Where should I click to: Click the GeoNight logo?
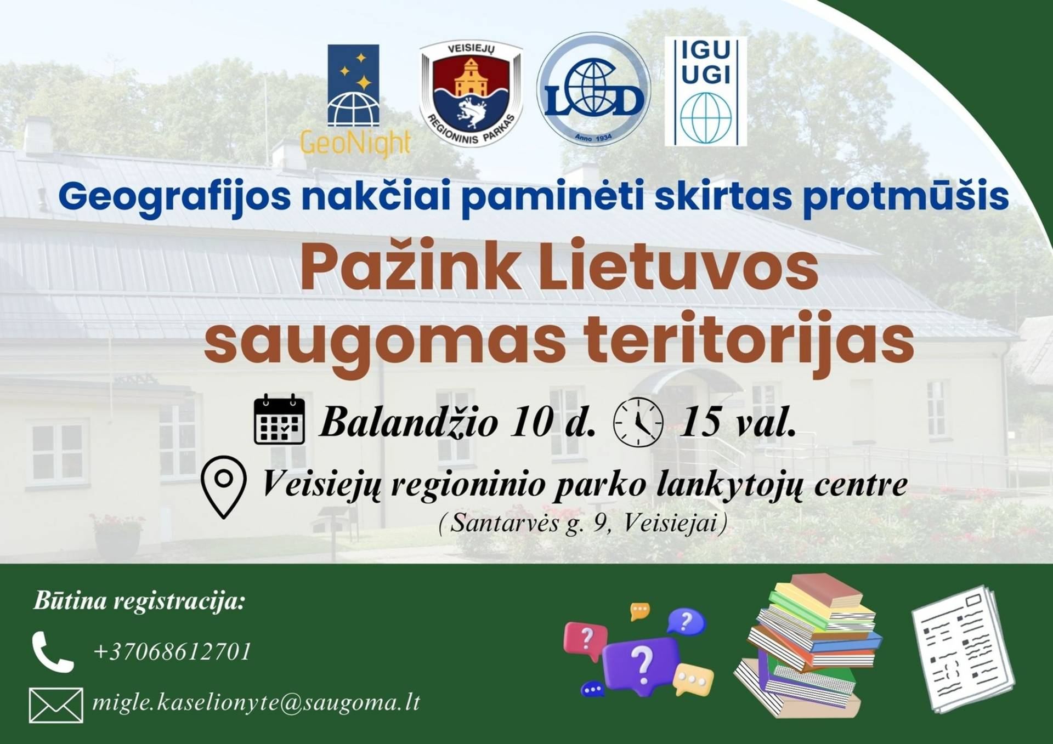pyautogui.click(x=355, y=100)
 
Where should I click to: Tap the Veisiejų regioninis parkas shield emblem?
pyautogui.click(x=471, y=93)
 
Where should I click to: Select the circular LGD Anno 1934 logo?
pyautogui.click(x=593, y=89)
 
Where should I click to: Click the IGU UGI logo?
pyautogui.click(x=706, y=91)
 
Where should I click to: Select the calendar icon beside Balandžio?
pyautogui.click(x=279, y=419)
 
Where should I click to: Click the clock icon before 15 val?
pyautogui.click(x=638, y=422)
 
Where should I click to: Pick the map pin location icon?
pyautogui.click(x=223, y=487)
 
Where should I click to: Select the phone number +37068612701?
pyautogui.click(x=172, y=651)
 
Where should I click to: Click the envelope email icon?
pyautogui.click(x=56, y=706)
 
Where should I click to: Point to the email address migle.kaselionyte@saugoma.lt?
pyautogui.click(x=256, y=702)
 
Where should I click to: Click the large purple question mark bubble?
pyautogui.click(x=640, y=665)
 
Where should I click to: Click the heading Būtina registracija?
pyautogui.click(x=139, y=601)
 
